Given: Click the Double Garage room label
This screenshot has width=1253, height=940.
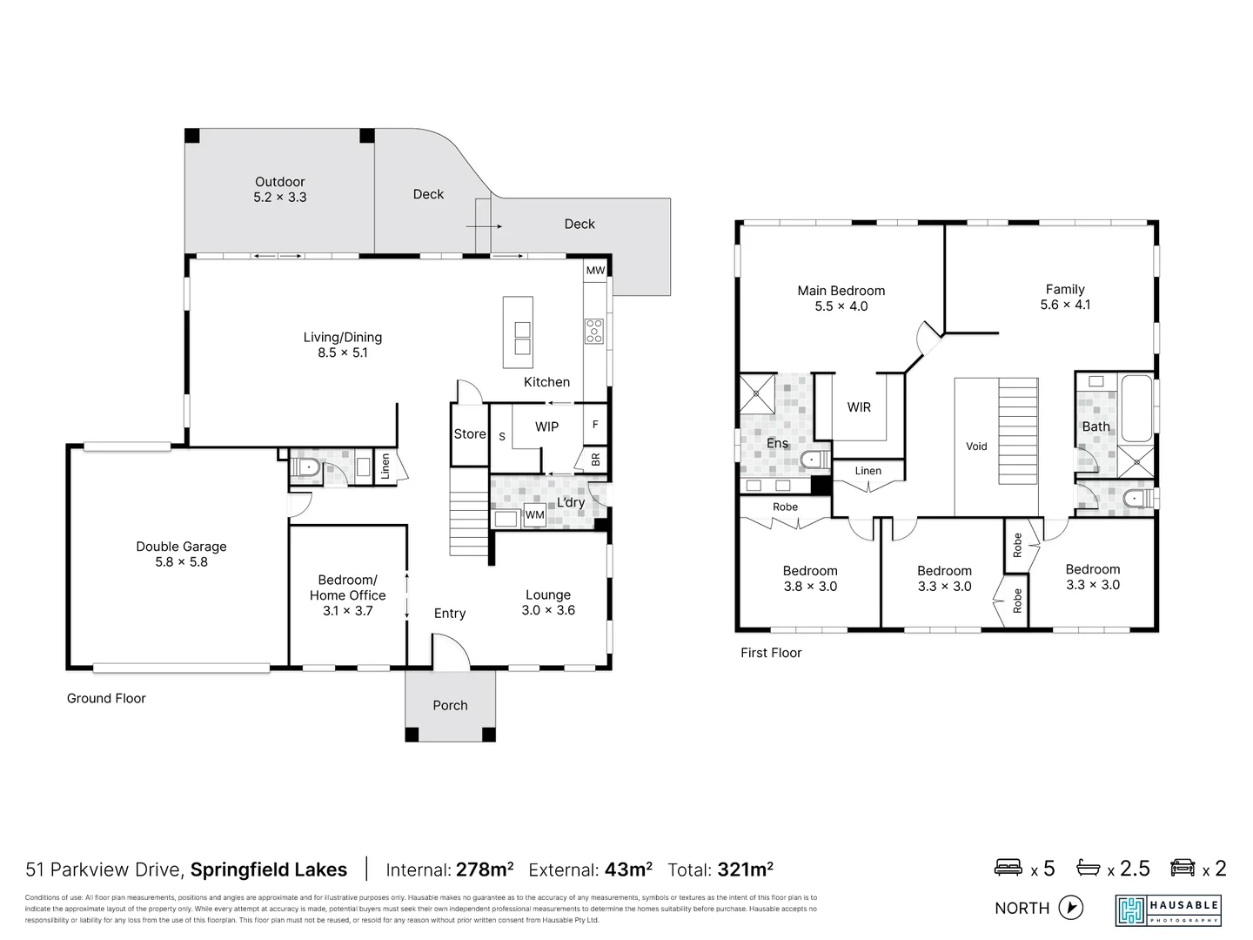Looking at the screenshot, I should click(181, 554).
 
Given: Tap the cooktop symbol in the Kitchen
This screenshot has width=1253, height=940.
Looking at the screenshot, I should click(593, 331).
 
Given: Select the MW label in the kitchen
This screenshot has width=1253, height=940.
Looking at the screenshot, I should click(595, 271).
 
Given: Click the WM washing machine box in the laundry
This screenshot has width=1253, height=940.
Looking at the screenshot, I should click(534, 515).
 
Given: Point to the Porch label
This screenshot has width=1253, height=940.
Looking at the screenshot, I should click(450, 706).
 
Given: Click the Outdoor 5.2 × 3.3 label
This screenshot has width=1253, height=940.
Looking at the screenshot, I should click(279, 190).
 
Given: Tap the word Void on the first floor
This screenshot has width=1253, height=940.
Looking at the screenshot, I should click(976, 446).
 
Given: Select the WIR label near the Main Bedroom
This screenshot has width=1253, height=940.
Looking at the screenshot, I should click(859, 407).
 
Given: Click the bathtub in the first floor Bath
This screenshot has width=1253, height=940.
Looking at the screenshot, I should click(1136, 408).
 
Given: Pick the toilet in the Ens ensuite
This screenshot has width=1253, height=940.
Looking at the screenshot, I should click(814, 460).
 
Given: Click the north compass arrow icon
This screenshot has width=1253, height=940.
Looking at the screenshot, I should click(1071, 908).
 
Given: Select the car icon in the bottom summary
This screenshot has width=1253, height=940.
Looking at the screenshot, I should click(1183, 868).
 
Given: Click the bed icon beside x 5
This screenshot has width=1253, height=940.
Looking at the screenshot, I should click(1008, 868).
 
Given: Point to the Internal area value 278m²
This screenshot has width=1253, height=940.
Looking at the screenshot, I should click(485, 869).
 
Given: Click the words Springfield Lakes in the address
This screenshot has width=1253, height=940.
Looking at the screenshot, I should click(268, 869).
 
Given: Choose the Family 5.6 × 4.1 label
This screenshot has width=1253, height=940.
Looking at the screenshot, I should click(1065, 297).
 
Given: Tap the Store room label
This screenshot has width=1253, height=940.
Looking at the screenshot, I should click(470, 434).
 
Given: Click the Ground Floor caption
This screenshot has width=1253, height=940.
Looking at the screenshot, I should click(106, 698).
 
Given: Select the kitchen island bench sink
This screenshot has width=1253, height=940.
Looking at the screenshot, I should click(522, 338).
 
